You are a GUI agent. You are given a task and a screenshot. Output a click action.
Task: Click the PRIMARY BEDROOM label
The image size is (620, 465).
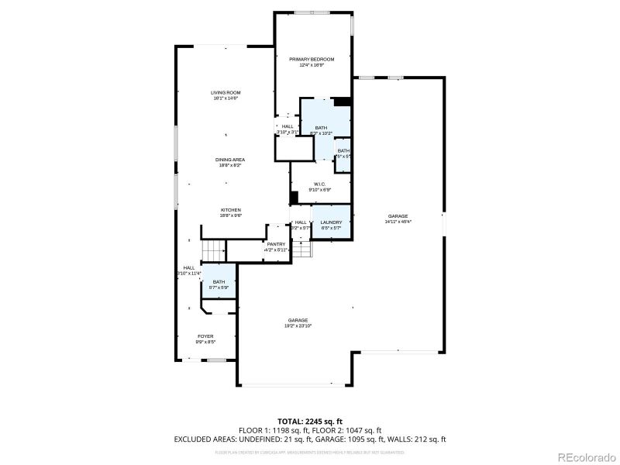coord(311,60)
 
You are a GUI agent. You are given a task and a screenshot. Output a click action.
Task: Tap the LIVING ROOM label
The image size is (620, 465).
coord(226,93)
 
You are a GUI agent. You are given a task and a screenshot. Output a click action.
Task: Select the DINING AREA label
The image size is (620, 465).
coord(230,160)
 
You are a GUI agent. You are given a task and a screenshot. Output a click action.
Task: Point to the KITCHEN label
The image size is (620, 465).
coord(231,210)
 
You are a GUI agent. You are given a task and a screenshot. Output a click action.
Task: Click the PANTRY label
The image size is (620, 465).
coord(276,244)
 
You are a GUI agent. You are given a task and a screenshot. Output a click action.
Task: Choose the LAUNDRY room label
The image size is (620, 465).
coord(331,222)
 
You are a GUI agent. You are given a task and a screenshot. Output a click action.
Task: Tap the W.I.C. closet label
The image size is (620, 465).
coord(319,184)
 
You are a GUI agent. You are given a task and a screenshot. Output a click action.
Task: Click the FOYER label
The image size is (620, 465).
coord(205,336)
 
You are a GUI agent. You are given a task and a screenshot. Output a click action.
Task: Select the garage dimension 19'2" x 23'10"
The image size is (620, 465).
coord(298,326)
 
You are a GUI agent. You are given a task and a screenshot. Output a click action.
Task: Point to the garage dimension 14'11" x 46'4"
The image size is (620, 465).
coord(398,222)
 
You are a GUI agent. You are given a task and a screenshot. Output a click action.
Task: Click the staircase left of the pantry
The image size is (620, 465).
coord(212,250)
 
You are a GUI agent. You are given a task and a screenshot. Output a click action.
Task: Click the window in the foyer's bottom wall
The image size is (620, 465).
coord(217,360)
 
